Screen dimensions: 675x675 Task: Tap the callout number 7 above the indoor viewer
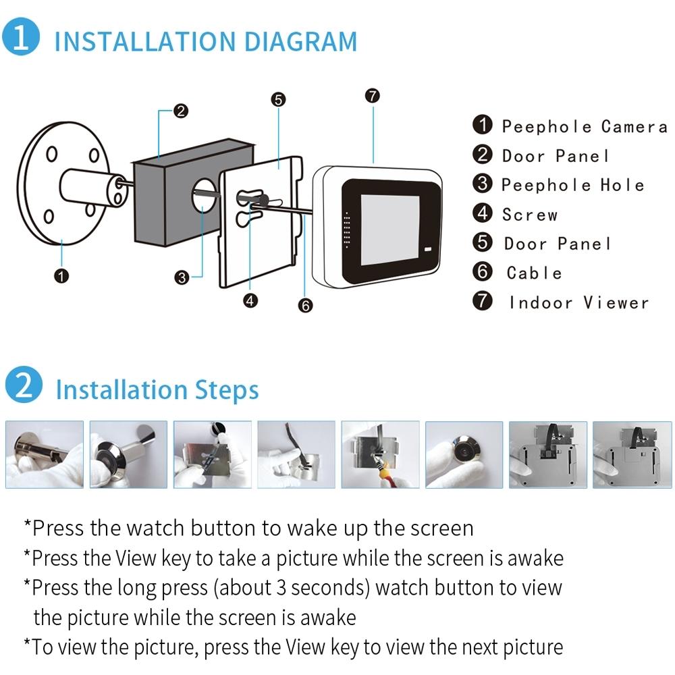point(372,95)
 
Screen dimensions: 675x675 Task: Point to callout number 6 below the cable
point(305,306)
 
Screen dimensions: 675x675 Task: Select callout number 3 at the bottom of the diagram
point(181,277)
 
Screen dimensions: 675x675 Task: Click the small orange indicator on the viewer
point(428,252)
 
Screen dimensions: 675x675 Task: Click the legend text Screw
point(530,215)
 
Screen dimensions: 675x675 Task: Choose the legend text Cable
point(534,273)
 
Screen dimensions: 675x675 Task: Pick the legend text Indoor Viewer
point(578,302)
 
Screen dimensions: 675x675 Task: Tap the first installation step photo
point(45,454)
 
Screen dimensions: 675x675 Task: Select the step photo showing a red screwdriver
point(380,454)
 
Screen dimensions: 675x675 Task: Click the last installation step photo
point(630,454)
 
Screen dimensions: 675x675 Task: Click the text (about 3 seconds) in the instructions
point(292,587)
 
